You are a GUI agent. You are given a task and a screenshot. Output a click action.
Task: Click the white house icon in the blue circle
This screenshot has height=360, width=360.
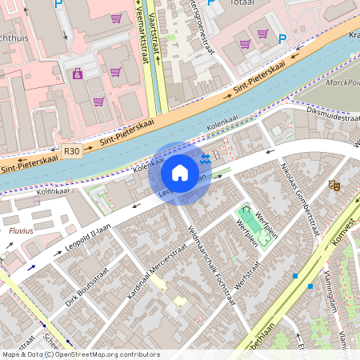pos(180,173)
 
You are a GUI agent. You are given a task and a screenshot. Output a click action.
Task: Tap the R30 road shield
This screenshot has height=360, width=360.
pos(71,150)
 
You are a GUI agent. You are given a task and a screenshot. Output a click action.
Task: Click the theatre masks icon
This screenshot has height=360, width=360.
pos(334,185)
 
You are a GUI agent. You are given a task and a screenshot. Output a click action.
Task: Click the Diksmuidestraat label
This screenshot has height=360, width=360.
pos(327,114)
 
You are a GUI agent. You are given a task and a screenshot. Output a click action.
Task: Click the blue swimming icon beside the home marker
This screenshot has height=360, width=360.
pos(206,159)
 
